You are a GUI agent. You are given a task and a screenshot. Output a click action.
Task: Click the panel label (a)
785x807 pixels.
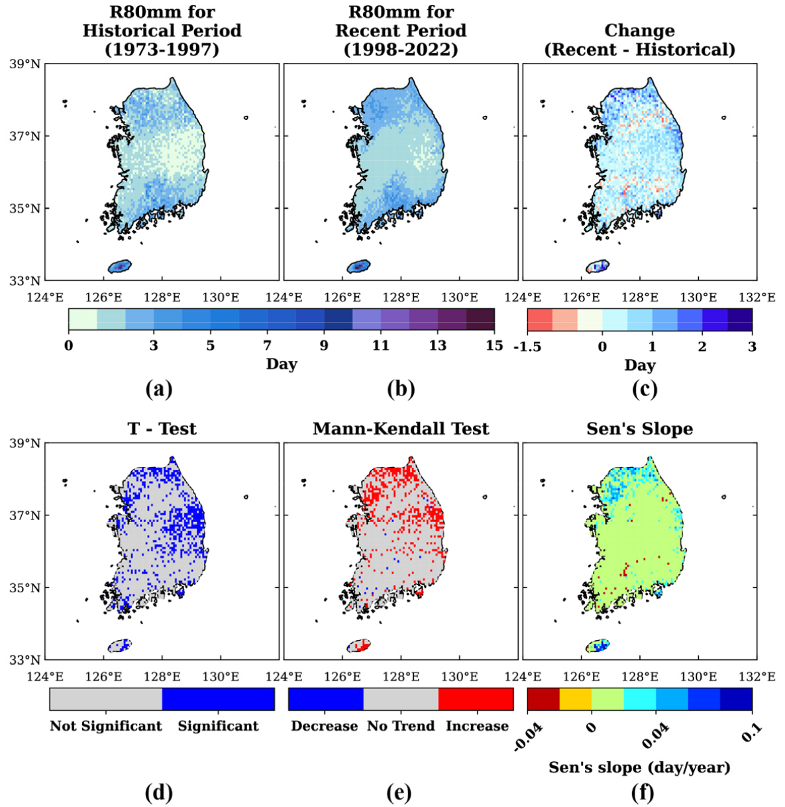(159, 390)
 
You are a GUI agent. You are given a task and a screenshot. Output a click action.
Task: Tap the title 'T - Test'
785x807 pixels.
(162, 428)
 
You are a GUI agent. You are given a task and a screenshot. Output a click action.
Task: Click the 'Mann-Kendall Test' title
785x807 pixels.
(401, 428)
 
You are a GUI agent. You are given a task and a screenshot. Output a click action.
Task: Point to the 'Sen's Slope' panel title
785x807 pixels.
(639, 428)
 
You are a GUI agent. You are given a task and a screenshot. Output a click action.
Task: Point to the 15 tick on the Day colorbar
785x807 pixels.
(494, 345)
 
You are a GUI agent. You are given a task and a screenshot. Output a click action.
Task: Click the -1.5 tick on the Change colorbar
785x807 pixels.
(527, 347)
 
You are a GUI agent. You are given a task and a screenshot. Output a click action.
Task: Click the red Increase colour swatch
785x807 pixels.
(476, 699)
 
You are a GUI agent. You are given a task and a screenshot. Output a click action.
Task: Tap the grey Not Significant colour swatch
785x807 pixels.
(106, 699)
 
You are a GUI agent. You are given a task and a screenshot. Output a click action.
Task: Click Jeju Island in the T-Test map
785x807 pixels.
(120, 646)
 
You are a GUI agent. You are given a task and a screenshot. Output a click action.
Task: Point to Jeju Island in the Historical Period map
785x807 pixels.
(120, 266)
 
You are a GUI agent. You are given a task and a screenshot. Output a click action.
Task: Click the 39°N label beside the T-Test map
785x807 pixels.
(25, 443)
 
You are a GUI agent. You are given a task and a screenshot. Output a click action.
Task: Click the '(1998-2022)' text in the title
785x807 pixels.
(401, 50)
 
